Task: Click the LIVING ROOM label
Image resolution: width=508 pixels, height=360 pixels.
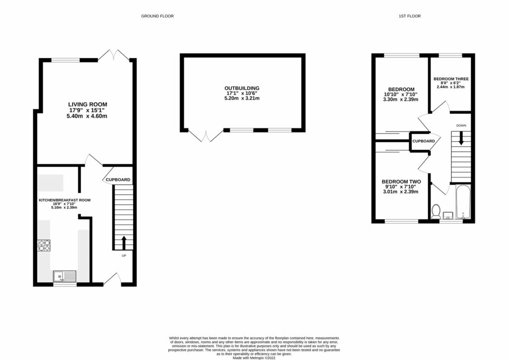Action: tap(88, 104)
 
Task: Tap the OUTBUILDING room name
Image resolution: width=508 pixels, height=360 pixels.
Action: tap(242, 88)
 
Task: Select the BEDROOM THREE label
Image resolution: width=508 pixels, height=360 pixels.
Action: tap(450, 79)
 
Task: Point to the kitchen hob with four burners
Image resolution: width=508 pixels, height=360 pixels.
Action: tap(44, 245)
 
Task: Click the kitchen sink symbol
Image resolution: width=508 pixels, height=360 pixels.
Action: tap(64, 276)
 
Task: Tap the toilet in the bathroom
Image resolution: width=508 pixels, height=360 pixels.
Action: tap(436, 212)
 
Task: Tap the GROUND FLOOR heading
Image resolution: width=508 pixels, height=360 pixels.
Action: tap(157, 16)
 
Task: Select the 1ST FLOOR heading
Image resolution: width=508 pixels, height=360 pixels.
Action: tap(410, 16)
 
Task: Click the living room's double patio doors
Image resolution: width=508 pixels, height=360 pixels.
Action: tap(115, 55)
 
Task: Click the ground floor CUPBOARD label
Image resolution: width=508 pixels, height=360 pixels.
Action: tap(118, 180)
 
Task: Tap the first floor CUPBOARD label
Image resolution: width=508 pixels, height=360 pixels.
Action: tap(424, 141)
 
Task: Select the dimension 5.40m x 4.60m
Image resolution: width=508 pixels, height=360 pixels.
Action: tap(88, 116)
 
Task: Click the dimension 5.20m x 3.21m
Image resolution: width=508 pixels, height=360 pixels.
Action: tap(242, 99)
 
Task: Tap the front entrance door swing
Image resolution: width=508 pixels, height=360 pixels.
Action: tap(112, 279)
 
